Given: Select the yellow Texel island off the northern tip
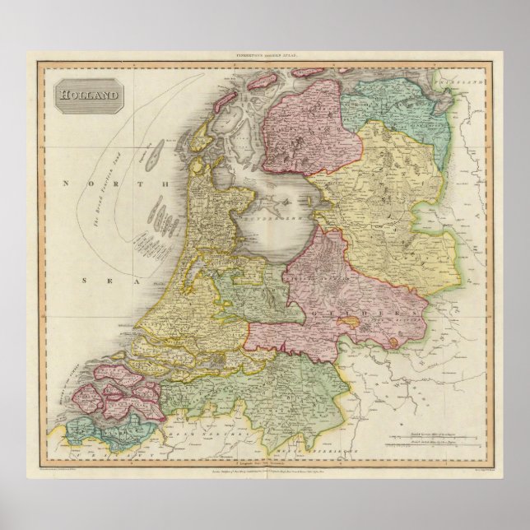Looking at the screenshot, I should [200, 145].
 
